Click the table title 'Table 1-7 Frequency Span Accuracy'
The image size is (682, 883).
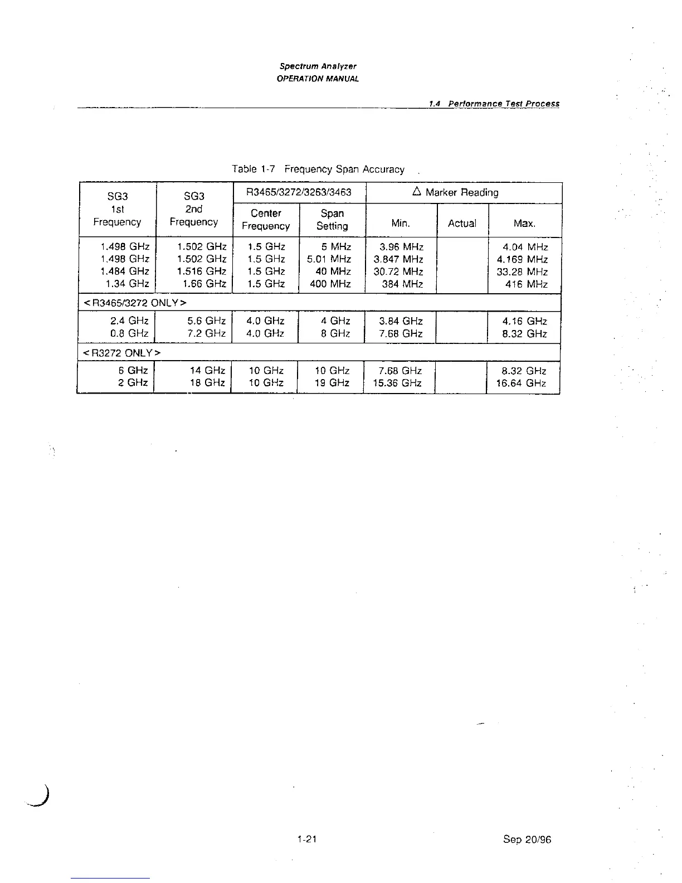(318, 169)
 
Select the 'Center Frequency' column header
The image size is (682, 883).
(266, 220)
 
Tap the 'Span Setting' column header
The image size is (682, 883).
(332, 220)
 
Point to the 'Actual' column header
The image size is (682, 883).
(462, 224)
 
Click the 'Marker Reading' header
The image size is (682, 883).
(455, 192)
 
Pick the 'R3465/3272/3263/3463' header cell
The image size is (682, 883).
(299, 192)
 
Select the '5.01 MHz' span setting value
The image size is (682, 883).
(329, 259)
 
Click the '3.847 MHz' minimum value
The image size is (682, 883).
(398, 259)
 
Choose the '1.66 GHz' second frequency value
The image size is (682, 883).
(201, 284)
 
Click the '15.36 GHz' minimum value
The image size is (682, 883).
(397, 383)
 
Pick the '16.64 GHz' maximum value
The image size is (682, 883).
(521, 383)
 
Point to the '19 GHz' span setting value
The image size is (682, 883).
(332, 383)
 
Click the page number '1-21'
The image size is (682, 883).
(307, 839)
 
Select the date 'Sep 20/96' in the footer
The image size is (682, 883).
(527, 840)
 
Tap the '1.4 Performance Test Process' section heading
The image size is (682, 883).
(494, 104)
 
